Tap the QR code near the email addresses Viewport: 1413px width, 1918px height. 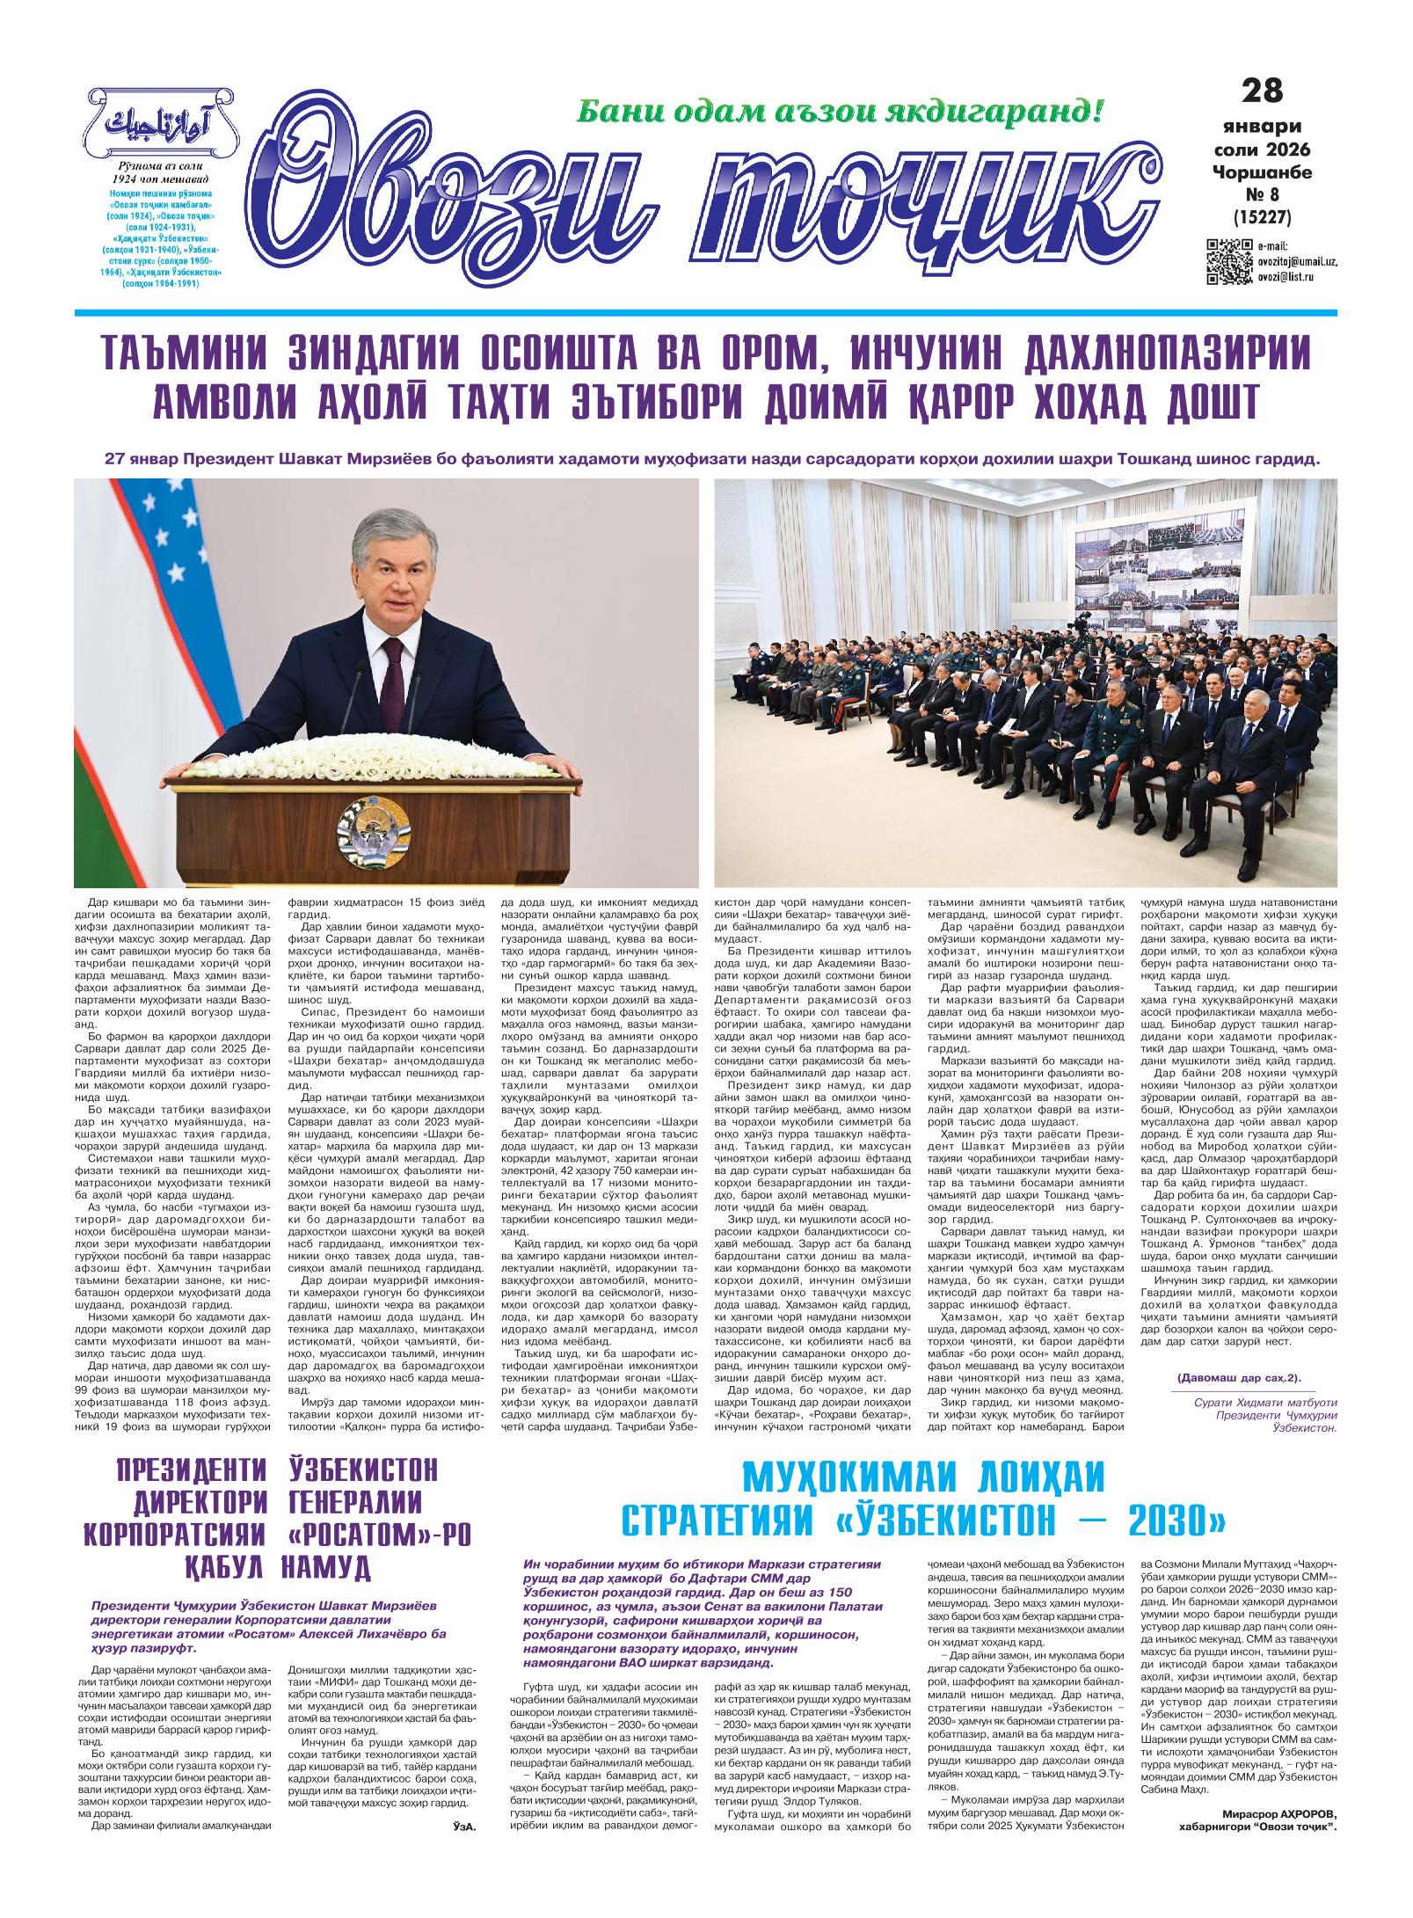pyautogui.click(x=1227, y=261)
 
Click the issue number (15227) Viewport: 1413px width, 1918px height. pyautogui.click(x=1263, y=215)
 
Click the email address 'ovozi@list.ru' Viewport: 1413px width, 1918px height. pyautogui.click(x=1288, y=278)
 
